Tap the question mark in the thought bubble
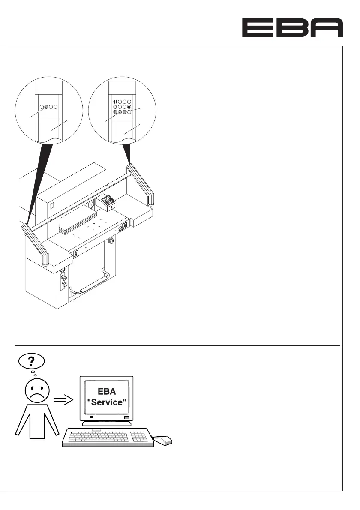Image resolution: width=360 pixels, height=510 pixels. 31,362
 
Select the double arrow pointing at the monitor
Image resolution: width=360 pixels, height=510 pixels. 63,400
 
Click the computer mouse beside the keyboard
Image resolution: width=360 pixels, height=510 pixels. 163,439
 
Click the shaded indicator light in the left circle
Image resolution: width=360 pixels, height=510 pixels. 46,108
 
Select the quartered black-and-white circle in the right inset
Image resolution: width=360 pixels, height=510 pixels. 115,102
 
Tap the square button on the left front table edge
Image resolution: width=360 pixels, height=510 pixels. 76,254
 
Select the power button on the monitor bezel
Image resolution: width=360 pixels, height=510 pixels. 126,417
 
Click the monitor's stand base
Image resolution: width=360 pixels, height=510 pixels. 108,423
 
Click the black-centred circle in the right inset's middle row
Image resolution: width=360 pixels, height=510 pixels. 129,107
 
